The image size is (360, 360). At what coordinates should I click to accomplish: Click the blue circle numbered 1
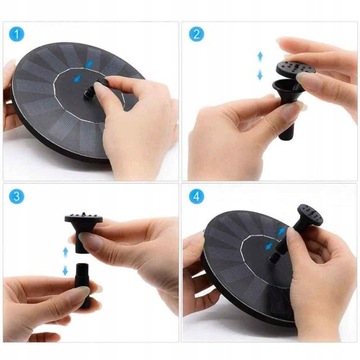pyautogui.click(x=17, y=35)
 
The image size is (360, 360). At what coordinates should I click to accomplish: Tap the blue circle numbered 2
pyautogui.click(x=196, y=34)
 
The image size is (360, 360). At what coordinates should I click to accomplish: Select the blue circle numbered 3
pyautogui.click(x=17, y=196)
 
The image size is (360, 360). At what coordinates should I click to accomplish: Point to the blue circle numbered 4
pyautogui.click(x=196, y=196)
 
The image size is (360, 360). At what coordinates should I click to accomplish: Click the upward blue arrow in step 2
pyautogui.click(x=260, y=56)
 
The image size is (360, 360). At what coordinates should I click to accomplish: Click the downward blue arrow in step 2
pyautogui.click(x=260, y=75)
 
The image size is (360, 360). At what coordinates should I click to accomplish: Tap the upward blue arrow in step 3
pyautogui.click(x=65, y=252)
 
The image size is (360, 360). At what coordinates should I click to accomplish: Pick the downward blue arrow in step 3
pyautogui.click(x=65, y=270)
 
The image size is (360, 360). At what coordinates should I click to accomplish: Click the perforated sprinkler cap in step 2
pyautogui.click(x=295, y=69)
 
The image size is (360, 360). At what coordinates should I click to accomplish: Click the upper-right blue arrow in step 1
pyautogui.click(x=90, y=64)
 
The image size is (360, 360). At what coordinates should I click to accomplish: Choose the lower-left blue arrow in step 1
pyautogui.click(x=77, y=79)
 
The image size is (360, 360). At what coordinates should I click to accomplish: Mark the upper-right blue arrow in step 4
pyautogui.click(x=282, y=232)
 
